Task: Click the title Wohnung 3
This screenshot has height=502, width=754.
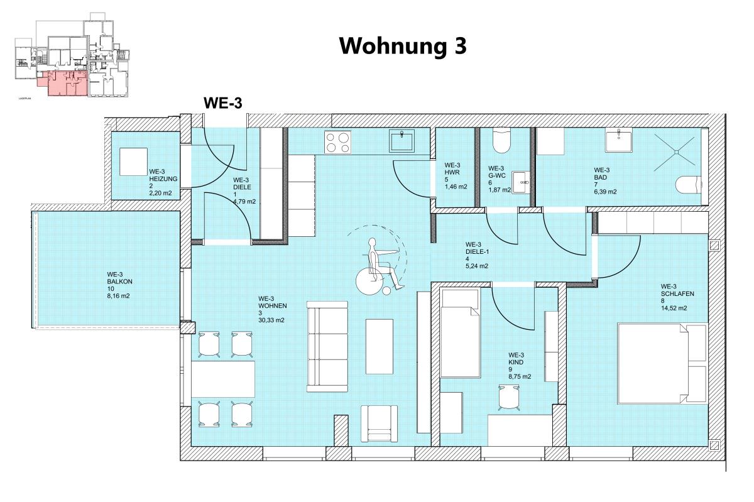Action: (403, 46)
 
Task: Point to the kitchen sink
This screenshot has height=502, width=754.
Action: (402, 141)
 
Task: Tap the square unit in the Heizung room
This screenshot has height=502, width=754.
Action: (133, 162)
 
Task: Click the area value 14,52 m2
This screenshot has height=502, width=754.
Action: (674, 308)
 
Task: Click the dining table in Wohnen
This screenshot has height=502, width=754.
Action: (223, 379)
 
